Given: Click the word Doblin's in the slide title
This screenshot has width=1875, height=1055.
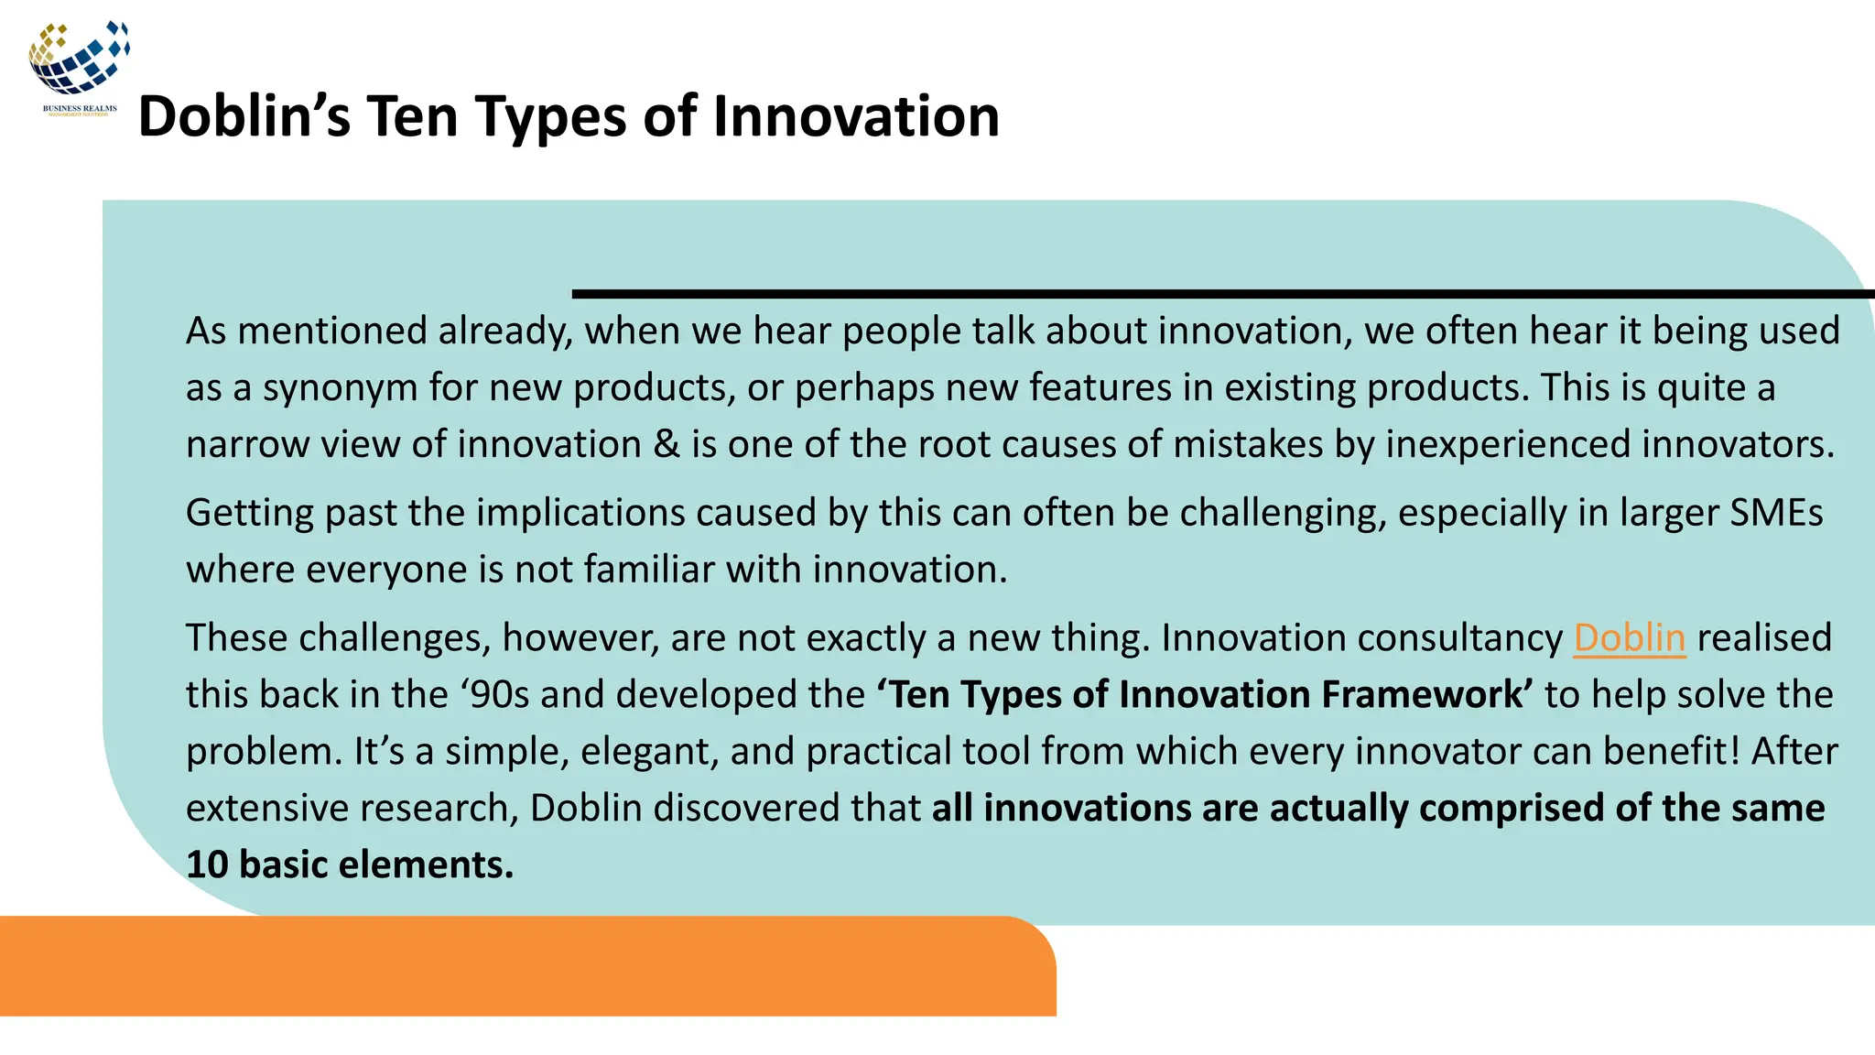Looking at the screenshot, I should click(244, 117).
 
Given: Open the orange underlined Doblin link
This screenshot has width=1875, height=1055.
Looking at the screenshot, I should click(1629, 637).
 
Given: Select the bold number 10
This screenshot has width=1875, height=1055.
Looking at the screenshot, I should click(207, 865).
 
